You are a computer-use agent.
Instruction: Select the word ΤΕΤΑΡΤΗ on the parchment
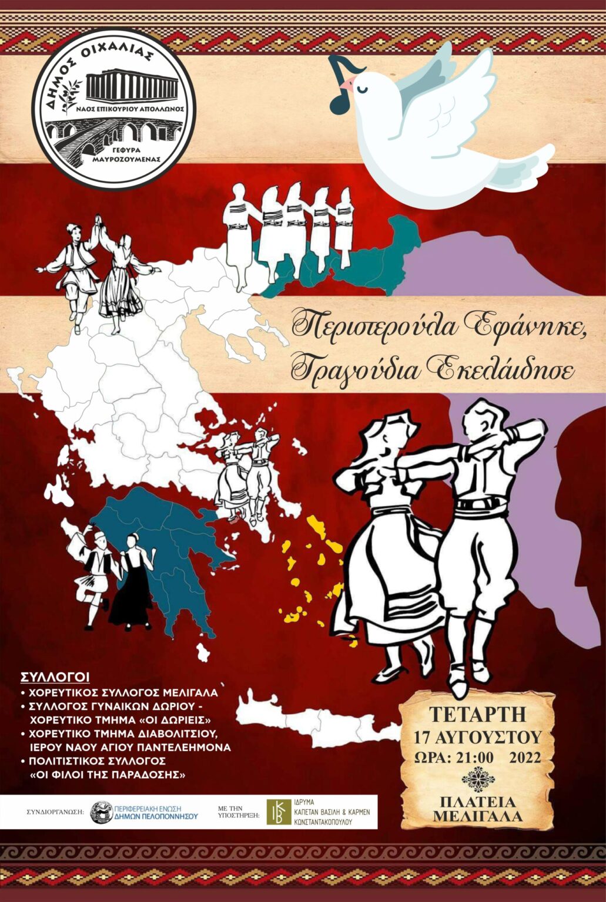click(477, 715)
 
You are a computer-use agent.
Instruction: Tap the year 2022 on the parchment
click(524, 757)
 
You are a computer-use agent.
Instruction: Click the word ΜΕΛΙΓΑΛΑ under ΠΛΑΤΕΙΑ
click(477, 816)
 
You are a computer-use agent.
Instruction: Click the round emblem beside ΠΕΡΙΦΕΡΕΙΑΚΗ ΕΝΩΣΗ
click(101, 812)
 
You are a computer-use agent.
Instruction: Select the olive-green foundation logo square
click(278, 812)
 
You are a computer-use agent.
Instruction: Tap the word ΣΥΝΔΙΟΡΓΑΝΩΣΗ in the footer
click(55, 813)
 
